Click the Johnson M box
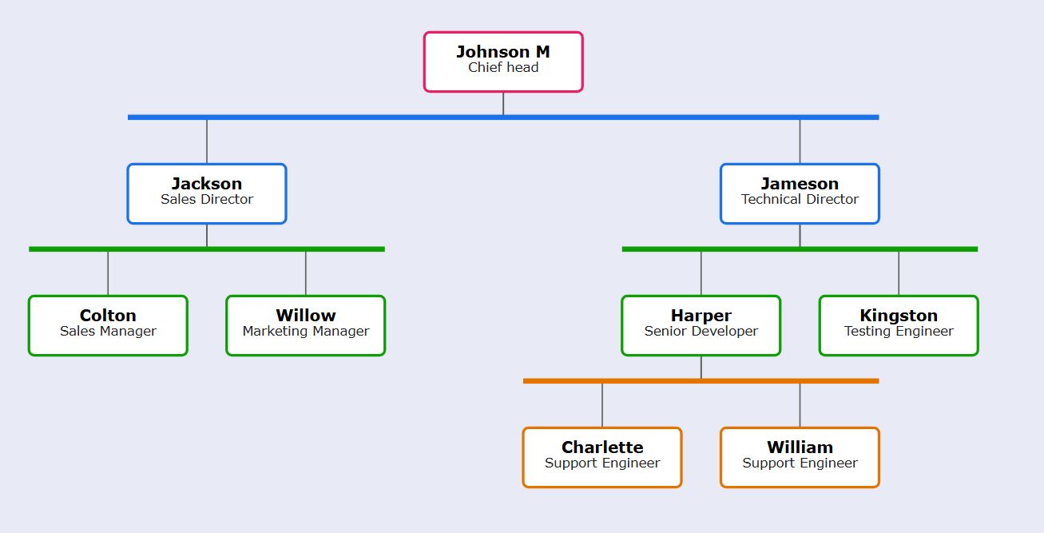503,62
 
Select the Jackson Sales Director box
207,193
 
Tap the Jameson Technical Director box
800,193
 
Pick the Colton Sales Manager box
108,325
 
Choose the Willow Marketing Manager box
306,325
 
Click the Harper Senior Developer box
701,325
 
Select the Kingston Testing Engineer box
899,325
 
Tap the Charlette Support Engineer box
602,457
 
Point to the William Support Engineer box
800,457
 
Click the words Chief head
503,68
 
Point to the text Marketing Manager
306,332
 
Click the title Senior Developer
701,332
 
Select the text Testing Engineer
899,332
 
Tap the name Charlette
602,447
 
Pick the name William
800,447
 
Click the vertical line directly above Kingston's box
899,274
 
